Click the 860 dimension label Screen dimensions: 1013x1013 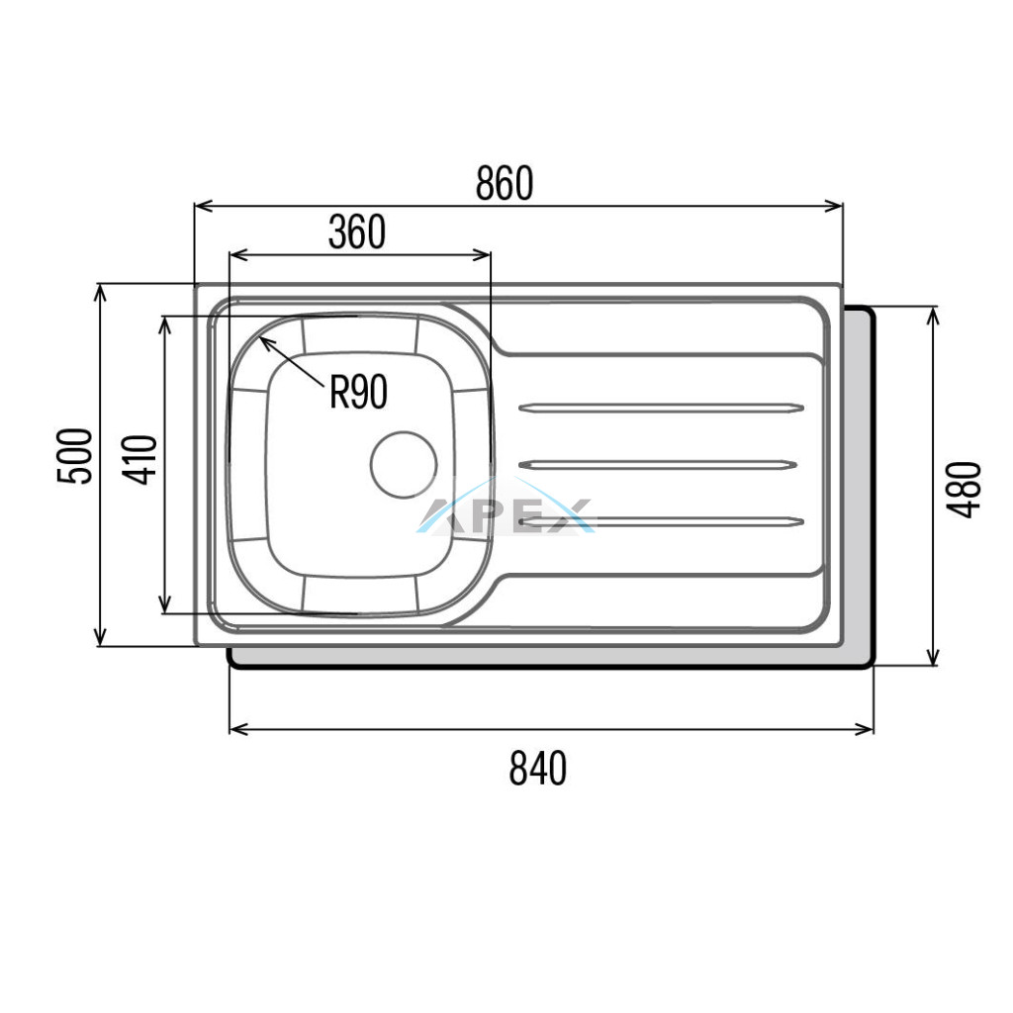click(505, 183)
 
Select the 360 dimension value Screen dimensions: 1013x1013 click(357, 232)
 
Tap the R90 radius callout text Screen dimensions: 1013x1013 click(358, 392)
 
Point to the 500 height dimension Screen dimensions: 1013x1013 click(75, 456)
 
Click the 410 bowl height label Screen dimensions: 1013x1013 click(140, 460)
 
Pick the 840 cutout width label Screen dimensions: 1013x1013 click(538, 768)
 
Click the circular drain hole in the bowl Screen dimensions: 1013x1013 click(404, 465)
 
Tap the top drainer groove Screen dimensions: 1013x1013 click(662, 408)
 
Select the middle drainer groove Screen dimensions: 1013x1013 click(658, 465)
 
